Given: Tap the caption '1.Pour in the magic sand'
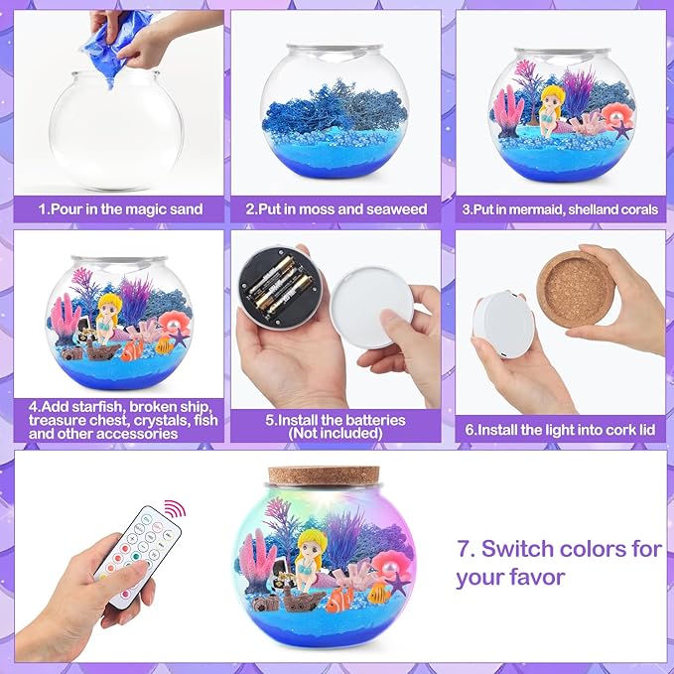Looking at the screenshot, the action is [x=120, y=209].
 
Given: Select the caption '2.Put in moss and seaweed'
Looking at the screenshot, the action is [x=337, y=209].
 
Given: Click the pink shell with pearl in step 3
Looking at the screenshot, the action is [x=616, y=114].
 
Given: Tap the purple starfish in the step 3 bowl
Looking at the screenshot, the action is [x=621, y=130].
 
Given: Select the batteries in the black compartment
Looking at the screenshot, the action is [x=279, y=286].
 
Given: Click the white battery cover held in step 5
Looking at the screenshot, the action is [x=372, y=306].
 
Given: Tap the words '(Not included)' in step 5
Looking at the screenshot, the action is [x=336, y=433].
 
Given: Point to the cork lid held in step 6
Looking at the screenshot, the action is [x=576, y=290].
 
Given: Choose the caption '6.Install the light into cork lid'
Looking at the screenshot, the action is [x=560, y=430].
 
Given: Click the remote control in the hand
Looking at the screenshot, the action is [x=138, y=556].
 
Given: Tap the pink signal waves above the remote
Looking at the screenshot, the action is [x=176, y=507].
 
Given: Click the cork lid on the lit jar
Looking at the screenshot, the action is [x=324, y=475].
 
